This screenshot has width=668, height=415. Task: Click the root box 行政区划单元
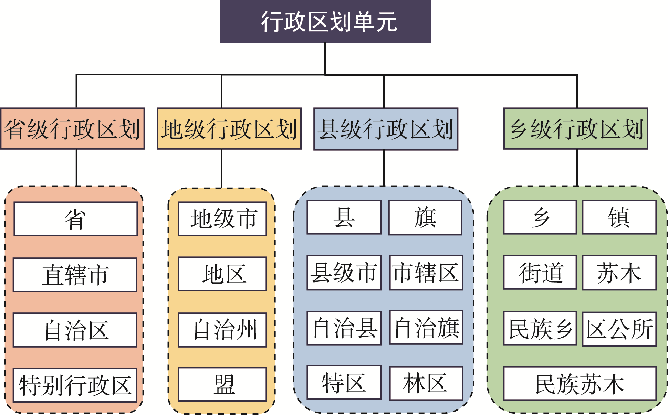pyautogui.click(x=325, y=21)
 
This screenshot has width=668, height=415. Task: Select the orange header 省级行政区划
pyautogui.click(x=72, y=129)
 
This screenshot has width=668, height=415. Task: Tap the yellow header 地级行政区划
pyautogui.click(x=229, y=129)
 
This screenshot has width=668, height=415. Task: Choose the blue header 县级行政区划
pyautogui.click(x=386, y=129)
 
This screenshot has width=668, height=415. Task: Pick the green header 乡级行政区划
pyautogui.click(x=575, y=129)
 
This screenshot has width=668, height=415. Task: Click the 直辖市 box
pyautogui.click(x=75, y=275)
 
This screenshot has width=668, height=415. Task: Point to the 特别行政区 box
pyautogui.click(x=75, y=385)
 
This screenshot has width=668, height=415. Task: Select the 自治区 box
pyautogui.click(x=75, y=330)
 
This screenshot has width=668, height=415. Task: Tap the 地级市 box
pyautogui.click(x=222, y=219)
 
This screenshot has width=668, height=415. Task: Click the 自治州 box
pyautogui.click(x=222, y=330)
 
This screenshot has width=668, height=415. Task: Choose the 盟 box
pyautogui.click(x=222, y=384)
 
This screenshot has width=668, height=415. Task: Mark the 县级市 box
pyautogui.click(x=344, y=273)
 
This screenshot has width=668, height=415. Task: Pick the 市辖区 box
pyautogui.click(x=426, y=273)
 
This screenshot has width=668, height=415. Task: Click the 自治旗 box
pyautogui.click(x=426, y=328)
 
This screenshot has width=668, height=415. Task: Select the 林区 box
pyautogui.click(x=426, y=383)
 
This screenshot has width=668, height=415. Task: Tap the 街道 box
pyautogui.click(x=540, y=272)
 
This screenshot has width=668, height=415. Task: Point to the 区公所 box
pyautogui.click(x=619, y=329)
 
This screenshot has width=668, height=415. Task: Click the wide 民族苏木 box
pyautogui.click(x=580, y=383)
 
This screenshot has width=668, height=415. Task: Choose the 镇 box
pyautogui.click(x=619, y=217)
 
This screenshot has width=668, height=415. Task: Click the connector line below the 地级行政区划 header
pyautogui.click(x=222, y=169)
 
